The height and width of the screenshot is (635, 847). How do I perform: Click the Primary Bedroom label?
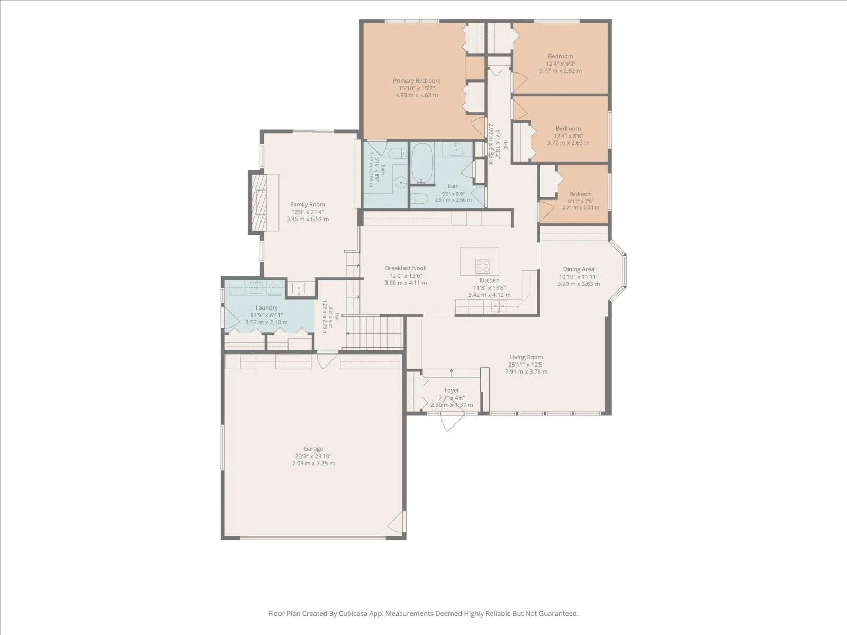point(417,80)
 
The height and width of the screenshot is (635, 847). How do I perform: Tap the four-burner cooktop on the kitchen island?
point(483,266)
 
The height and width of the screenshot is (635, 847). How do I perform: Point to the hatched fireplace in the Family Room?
point(259,203)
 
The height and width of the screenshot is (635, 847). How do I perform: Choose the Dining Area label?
point(579,269)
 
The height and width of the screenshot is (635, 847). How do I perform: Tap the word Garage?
point(313,448)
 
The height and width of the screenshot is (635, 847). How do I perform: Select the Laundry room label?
point(266,307)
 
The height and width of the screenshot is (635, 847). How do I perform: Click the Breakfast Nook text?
point(406,268)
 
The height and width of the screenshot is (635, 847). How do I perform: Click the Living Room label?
point(526,357)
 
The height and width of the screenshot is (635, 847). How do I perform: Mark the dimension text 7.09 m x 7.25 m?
point(313,463)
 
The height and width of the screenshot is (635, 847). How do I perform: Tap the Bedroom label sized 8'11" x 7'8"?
point(580,194)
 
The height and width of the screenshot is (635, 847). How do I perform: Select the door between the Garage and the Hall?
point(327,360)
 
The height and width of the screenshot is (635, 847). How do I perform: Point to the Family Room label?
point(308,204)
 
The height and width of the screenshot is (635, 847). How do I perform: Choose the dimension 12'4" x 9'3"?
point(560,63)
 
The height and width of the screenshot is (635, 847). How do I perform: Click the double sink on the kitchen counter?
point(499,306)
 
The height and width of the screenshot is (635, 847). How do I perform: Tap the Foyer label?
point(452,390)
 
